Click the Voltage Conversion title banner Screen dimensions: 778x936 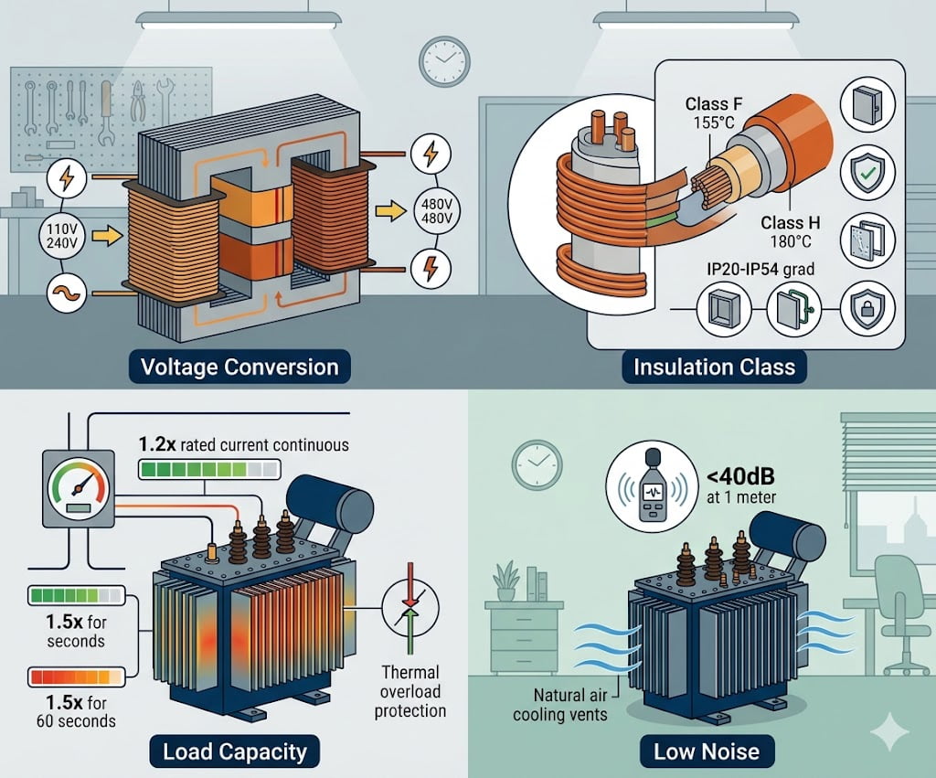pyautogui.click(x=239, y=368)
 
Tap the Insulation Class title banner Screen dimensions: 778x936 pyautogui.click(x=714, y=368)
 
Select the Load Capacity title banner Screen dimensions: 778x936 pyautogui.click(x=235, y=752)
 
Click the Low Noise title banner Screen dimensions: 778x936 pyautogui.click(x=707, y=752)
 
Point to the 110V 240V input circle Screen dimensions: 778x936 pyautogui.click(x=66, y=236)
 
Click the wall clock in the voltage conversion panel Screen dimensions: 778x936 pyautogui.click(x=443, y=63)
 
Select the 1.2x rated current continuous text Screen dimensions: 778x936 pyautogui.click(x=243, y=445)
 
